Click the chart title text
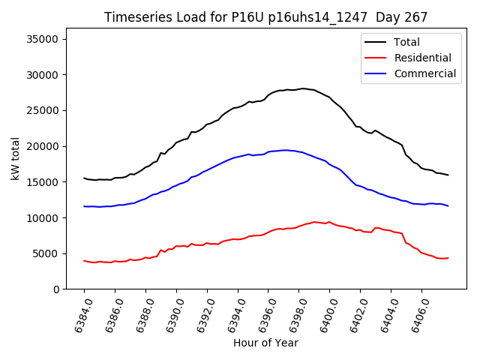click(265, 17)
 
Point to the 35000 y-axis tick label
click(46, 39)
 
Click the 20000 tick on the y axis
click(46, 146)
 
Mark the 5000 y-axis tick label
click(49, 253)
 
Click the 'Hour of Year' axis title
click(265, 343)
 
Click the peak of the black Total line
click(303, 88)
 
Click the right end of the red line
click(448, 258)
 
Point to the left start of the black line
click(84, 178)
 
